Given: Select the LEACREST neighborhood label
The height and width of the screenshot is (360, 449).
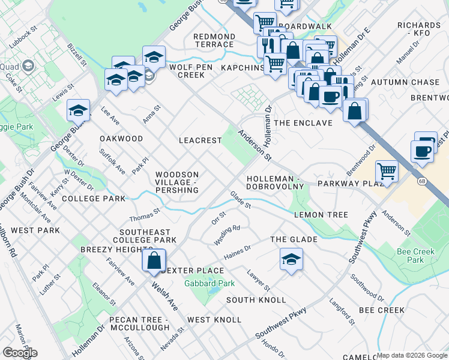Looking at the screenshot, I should pos(200,140).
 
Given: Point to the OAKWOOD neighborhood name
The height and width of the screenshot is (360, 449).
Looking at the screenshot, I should pos(121,139).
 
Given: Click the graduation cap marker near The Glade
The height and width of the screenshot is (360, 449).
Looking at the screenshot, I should pos(291,260).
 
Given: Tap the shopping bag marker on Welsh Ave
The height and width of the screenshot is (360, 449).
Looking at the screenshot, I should pos(154,261).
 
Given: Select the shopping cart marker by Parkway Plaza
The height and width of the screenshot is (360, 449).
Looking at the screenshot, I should pos(387,172).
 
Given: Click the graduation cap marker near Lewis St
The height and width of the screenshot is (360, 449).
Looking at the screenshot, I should pos(78,110).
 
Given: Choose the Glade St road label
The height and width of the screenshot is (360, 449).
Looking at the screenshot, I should pos(240,200).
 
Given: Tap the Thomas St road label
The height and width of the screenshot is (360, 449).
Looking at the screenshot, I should pos(145,214).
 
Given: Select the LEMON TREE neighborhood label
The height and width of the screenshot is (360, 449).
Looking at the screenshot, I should pos(321,215).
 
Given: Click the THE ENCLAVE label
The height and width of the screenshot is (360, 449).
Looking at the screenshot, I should pos(303,123).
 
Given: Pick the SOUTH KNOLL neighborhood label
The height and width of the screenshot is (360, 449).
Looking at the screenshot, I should pos(247,299).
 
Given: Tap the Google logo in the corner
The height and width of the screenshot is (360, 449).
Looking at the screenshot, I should pos(20,353).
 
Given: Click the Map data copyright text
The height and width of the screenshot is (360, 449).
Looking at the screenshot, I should pos(412,355).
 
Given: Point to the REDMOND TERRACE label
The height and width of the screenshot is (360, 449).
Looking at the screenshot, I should pos(214,41).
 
